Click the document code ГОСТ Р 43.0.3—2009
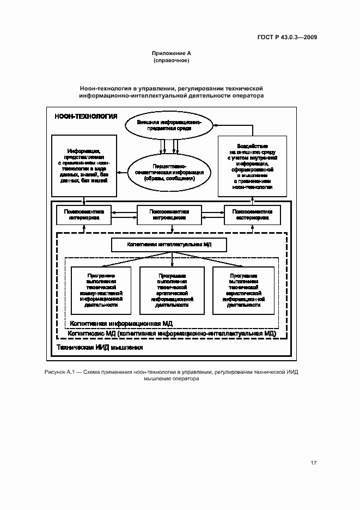point(288,37)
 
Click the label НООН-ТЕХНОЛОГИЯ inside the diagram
point(86,116)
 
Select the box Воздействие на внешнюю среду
point(252,166)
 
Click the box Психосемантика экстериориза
point(252,215)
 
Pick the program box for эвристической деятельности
point(243,290)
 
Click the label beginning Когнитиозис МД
point(172,332)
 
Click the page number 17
point(313,463)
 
